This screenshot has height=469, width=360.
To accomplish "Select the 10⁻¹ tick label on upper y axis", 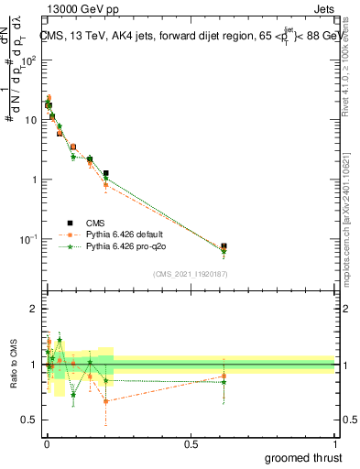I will [29, 239].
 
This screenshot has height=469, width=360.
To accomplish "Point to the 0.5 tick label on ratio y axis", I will [29, 420].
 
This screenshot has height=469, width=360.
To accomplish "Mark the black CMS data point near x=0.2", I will [106, 173].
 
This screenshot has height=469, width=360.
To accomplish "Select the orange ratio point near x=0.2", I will [106, 400].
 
